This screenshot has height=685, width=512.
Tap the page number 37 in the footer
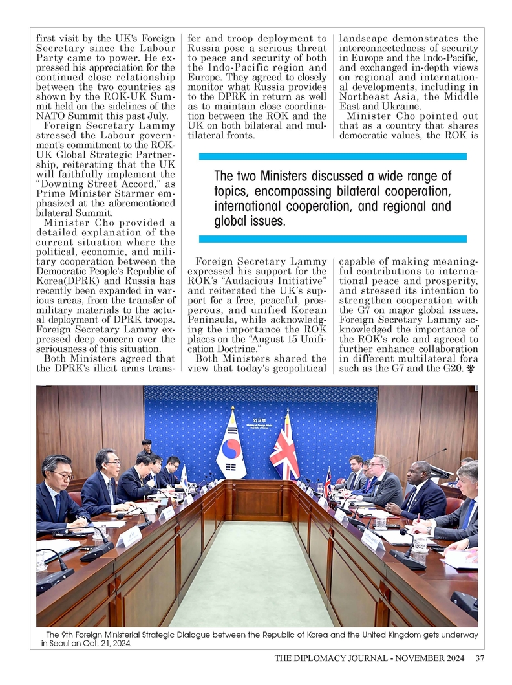[x=479, y=659]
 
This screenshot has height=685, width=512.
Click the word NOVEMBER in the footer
[x=418, y=659]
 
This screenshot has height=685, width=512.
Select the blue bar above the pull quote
[x=332, y=157]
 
